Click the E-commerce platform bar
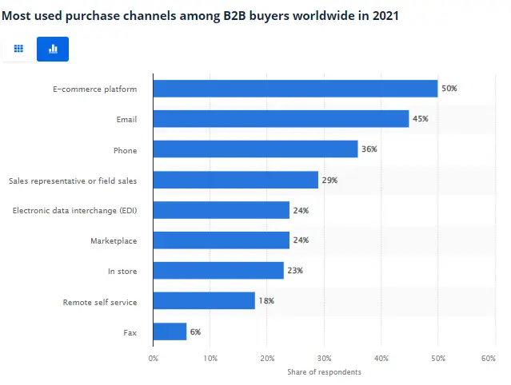click(295, 89)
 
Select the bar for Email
click(281, 119)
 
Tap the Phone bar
click(255, 149)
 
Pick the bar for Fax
click(170, 331)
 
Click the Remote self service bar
click(204, 301)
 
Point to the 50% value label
click(449, 89)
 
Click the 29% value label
click(329, 180)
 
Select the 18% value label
click(266, 301)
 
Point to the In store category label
click(122, 272)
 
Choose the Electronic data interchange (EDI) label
click(75, 210)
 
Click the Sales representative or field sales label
click(73, 181)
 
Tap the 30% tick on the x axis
click(324, 359)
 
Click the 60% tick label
click(489, 359)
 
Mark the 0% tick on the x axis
click(154, 359)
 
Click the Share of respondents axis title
click(324, 371)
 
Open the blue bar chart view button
click(53, 49)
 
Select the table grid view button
click(18, 49)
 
